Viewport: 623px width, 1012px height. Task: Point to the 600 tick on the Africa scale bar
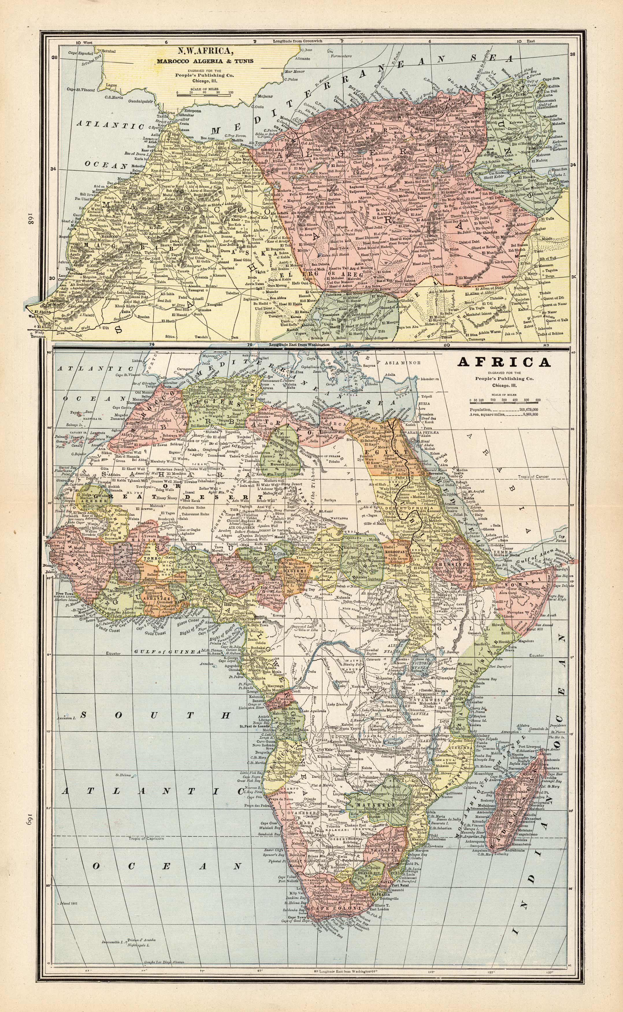[x=538, y=400]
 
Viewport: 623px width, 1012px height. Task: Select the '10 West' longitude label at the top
[x=84, y=42]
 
